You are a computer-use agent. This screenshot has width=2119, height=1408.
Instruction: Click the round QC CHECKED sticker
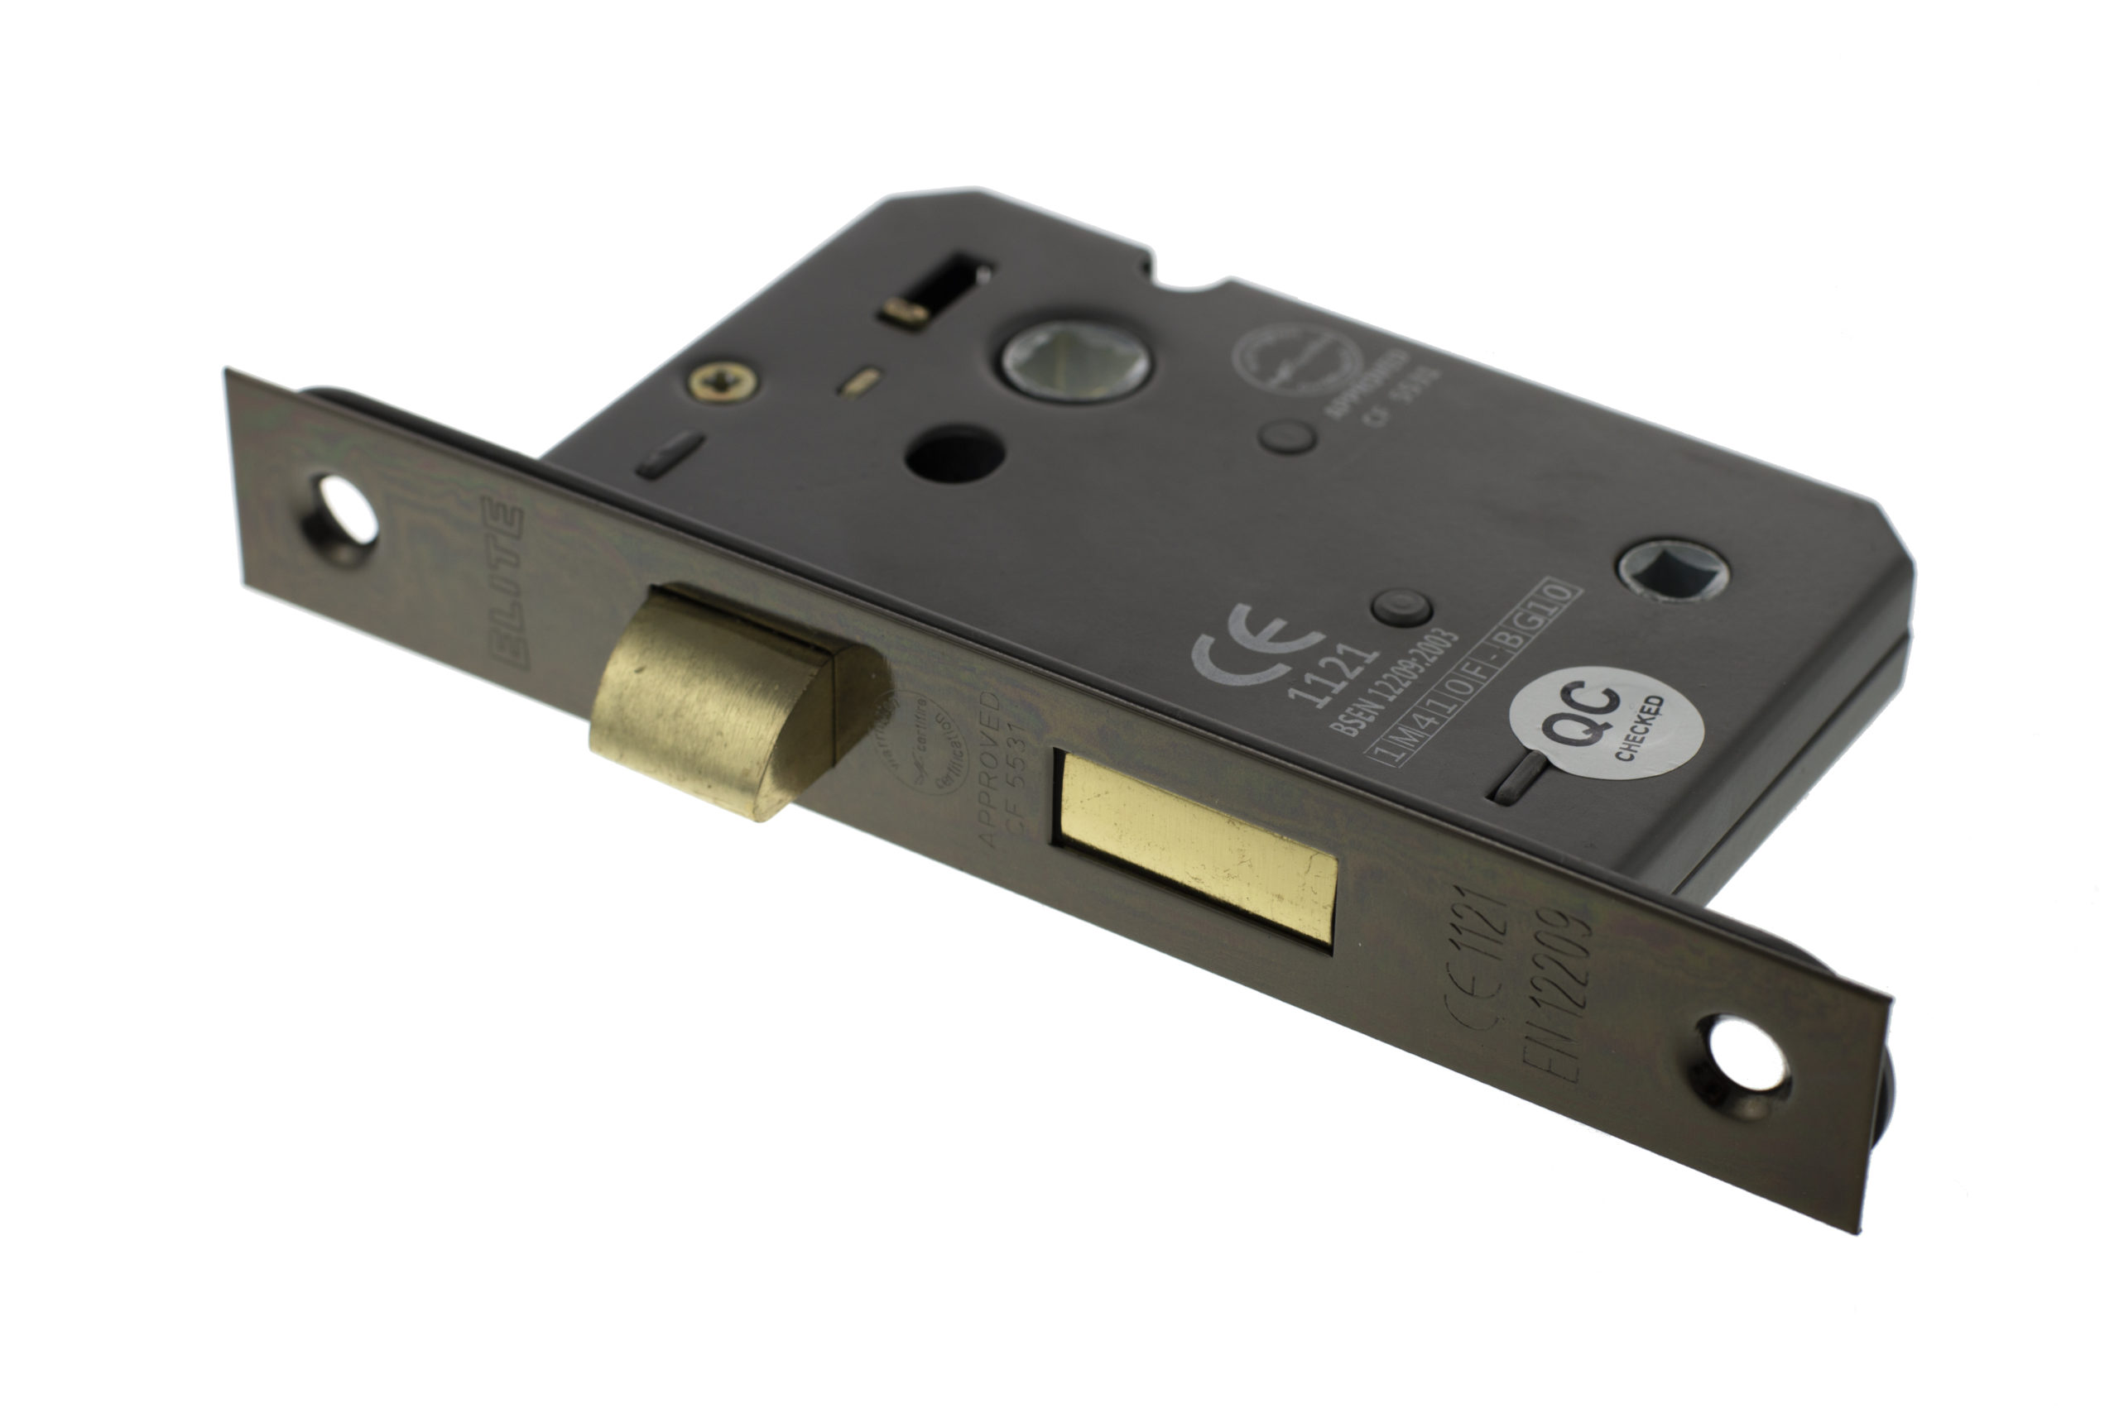tap(1606, 723)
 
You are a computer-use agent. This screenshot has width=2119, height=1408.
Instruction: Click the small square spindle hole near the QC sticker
tap(1673, 570)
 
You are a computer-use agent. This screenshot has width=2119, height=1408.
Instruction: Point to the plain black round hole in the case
tap(953, 457)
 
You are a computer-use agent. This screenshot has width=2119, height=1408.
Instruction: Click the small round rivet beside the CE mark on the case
tap(1401, 608)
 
